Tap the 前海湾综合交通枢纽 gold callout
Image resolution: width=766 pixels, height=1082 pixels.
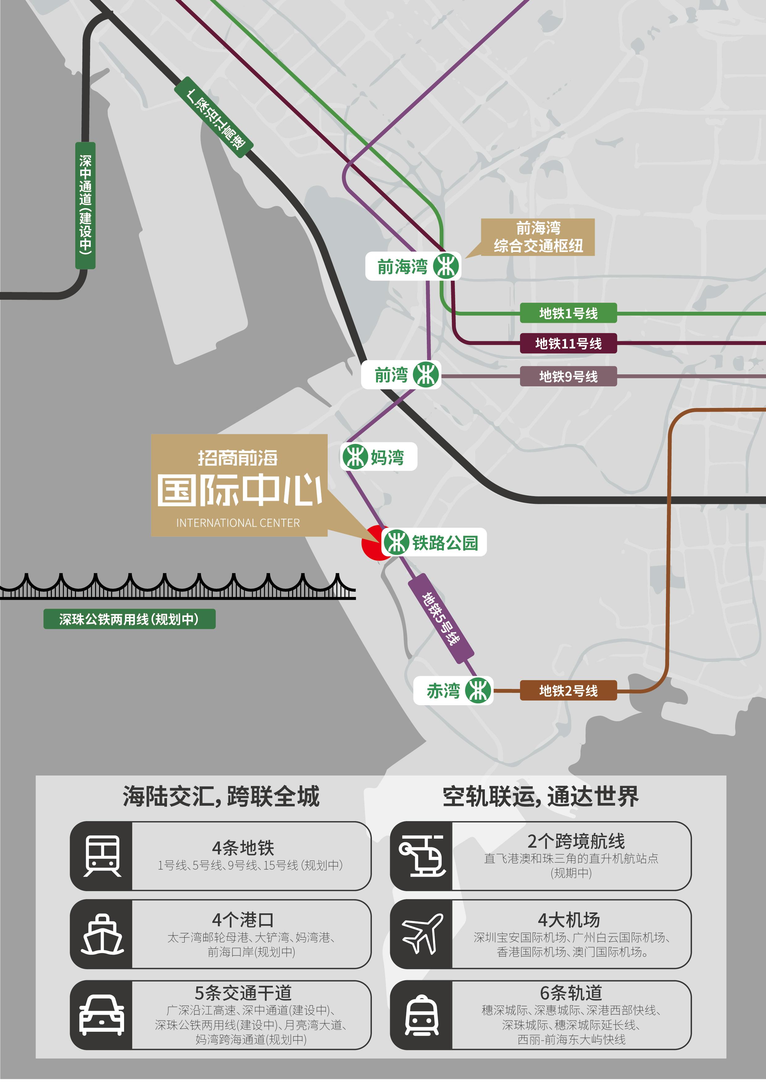[538, 237]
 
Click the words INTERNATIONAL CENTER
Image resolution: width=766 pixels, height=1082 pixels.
[238, 523]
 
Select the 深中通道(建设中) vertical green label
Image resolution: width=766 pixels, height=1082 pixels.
[85, 205]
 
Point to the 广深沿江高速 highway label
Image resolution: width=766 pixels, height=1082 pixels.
[214, 118]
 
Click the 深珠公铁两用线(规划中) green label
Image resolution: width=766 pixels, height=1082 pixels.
[129, 619]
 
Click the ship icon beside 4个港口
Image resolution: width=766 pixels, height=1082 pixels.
[102, 935]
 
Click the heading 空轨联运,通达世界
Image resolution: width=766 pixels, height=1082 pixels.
[540, 797]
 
